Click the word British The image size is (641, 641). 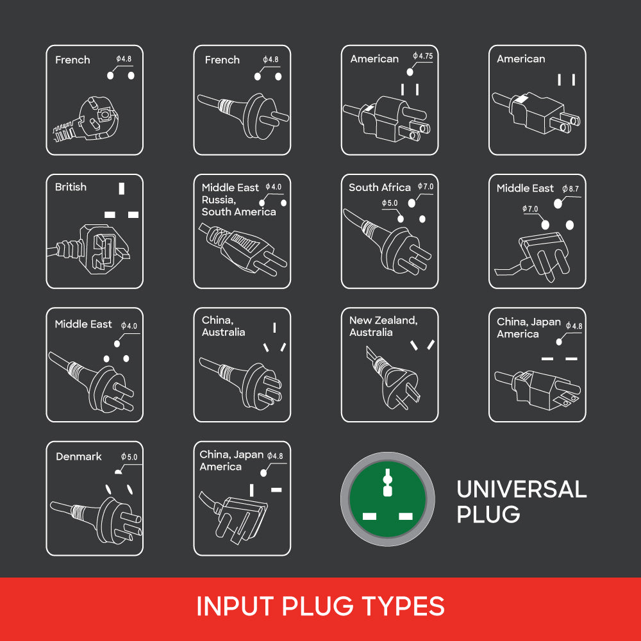pyautogui.click(x=71, y=187)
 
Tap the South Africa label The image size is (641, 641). pyautogui.click(x=379, y=188)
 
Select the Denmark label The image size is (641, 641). pyautogui.click(x=79, y=456)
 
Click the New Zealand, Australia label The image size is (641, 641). pyautogui.click(x=383, y=326)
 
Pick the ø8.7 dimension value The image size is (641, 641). pyautogui.click(x=570, y=189)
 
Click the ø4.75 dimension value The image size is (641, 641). pyautogui.click(x=423, y=56)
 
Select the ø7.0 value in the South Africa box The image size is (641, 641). pyautogui.click(x=426, y=187)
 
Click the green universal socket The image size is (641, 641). pyautogui.click(x=387, y=499)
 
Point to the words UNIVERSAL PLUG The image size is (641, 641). pyautogui.click(x=520, y=501)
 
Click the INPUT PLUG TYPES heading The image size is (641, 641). pyautogui.click(x=320, y=606)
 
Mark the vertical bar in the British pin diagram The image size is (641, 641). pyautogui.click(x=121, y=189)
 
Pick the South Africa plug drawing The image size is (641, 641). pyautogui.click(x=397, y=247)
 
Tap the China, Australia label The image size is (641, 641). pyautogui.click(x=223, y=326)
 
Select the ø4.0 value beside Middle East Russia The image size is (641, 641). pyautogui.click(x=274, y=187)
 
